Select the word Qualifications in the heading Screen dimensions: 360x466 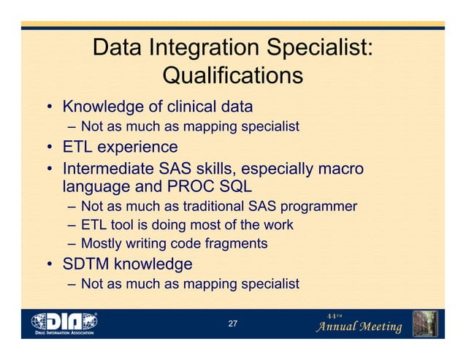232,75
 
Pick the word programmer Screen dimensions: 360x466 317,207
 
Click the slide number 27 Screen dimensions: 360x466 232,323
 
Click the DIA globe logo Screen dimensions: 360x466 65,321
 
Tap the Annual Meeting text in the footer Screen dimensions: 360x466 358,326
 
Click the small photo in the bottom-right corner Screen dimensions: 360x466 424,323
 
